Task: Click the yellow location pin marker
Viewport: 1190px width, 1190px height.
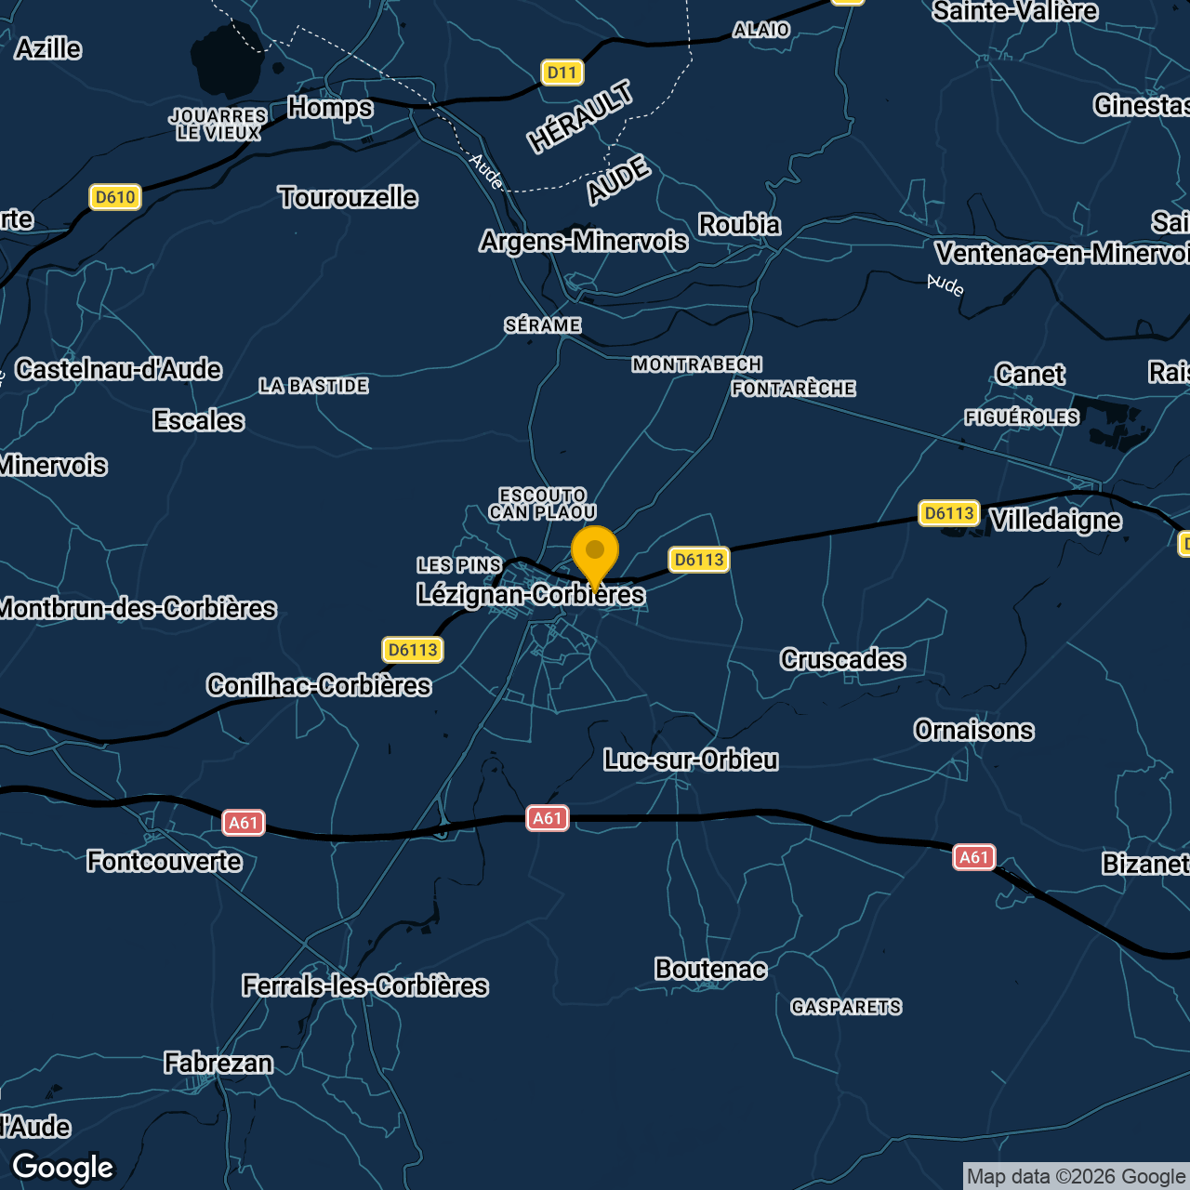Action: click(x=595, y=554)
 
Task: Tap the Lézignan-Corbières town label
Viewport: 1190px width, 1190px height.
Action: click(x=530, y=594)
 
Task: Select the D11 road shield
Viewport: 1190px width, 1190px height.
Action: click(x=562, y=73)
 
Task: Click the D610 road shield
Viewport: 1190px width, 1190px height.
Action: click(x=115, y=197)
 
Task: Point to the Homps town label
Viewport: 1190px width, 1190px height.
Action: click(x=330, y=108)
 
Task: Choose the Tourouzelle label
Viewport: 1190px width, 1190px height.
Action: click(x=348, y=197)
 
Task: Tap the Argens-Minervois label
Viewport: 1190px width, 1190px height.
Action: click(x=584, y=242)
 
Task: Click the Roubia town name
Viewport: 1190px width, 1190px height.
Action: click(x=739, y=225)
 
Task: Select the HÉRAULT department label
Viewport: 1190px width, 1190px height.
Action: click(x=581, y=116)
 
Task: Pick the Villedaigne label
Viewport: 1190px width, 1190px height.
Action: click(x=1055, y=521)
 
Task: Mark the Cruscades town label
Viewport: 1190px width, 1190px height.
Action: click(x=842, y=660)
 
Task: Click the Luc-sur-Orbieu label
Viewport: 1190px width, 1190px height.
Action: click(x=691, y=760)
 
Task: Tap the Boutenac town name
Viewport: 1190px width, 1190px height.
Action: click(x=710, y=970)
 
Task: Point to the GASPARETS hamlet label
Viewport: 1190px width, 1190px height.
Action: click(x=846, y=1007)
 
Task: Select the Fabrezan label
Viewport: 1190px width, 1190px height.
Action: click(x=218, y=1063)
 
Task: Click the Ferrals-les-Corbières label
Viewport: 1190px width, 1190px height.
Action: click(x=364, y=985)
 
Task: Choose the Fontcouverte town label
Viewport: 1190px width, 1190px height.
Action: click(x=165, y=862)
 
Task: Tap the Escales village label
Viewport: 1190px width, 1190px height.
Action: click(x=198, y=421)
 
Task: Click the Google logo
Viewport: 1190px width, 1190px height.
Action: click(x=63, y=1168)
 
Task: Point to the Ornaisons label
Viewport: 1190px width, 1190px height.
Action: click(x=973, y=731)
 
